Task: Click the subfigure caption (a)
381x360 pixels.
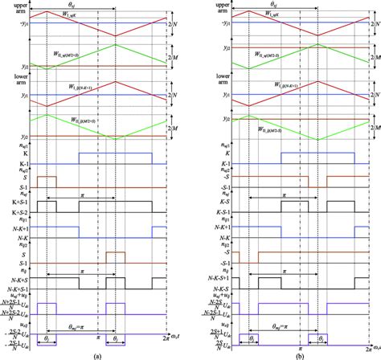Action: point(96,354)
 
